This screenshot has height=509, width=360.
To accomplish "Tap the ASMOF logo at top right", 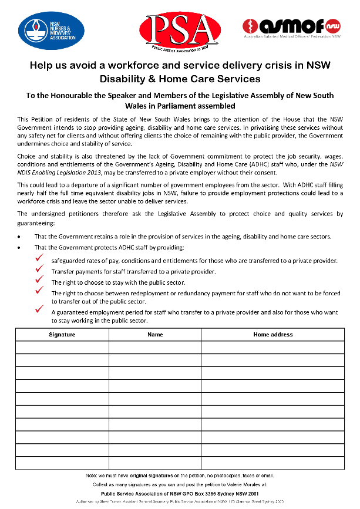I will [292, 27].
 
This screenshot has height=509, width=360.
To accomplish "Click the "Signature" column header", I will [62, 334].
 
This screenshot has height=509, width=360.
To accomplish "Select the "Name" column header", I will [155, 334].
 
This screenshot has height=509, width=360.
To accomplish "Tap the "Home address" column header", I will [272, 334].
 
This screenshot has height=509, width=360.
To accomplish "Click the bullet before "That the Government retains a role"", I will [19, 237].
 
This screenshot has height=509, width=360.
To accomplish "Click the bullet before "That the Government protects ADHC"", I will [19, 247].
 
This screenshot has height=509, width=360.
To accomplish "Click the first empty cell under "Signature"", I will [62, 347].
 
